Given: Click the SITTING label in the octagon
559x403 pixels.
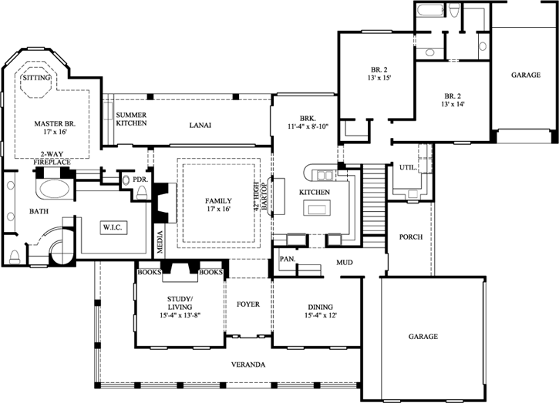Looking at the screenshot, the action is click(x=37, y=78).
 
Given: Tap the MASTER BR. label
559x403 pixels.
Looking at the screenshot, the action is click(x=55, y=124).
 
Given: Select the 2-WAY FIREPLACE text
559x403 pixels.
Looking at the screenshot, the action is click(x=52, y=158).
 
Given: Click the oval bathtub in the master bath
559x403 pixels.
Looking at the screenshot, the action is click(x=55, y=189).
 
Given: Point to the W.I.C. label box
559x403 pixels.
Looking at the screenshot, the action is click(x=113, y=227).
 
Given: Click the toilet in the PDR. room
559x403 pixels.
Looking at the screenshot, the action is click(x=142, y=192).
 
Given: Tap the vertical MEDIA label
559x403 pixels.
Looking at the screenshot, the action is click(x=160, y=242).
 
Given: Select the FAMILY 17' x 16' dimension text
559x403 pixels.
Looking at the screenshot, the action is click(x=218, y=209).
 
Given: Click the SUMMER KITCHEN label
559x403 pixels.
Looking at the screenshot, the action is click(x=131, y=119).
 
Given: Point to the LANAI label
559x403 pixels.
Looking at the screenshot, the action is click(x=200, y=125).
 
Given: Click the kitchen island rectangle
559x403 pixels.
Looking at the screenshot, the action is click(x=317, y=207).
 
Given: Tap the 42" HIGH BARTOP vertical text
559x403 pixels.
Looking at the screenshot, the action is click(x=261, y=198).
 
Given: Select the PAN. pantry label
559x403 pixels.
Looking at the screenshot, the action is click(x=288, y=259).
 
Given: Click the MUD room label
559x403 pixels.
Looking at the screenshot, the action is click(x=345, y=263).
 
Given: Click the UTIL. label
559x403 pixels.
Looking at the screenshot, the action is click(x=408, y=167).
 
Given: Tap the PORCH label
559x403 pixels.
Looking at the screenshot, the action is click(x=411, y=237).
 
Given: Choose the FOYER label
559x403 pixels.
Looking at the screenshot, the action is click(x=248, y=304).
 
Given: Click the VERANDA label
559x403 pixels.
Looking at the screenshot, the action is click(x=248, y=364).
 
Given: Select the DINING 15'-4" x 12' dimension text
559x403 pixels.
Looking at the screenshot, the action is click(x=321, y=315).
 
